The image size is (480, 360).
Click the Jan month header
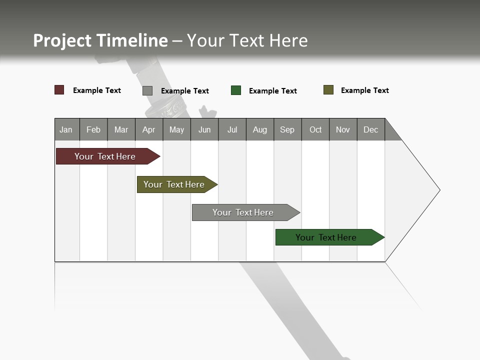66,129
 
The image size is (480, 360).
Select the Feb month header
93,129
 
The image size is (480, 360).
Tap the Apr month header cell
149,129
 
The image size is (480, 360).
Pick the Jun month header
204,129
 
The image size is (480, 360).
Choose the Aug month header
260,129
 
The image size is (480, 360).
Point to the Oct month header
315,129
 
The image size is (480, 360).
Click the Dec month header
371,129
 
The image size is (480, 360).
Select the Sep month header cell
287,129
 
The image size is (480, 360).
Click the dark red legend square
59,90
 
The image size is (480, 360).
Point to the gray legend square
147,90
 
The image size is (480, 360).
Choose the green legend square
236,90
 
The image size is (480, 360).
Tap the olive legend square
328,90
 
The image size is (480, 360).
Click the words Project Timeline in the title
100,40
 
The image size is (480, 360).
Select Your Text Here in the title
247,40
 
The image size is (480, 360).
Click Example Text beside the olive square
364,90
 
